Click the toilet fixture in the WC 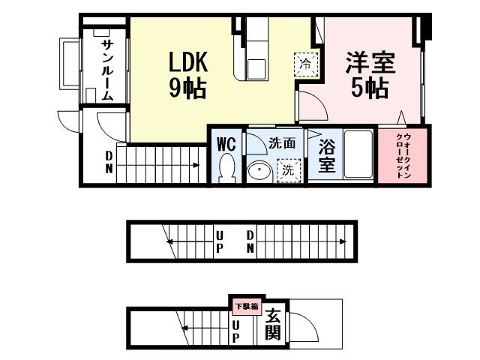[227, 168]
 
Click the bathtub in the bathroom [358, 155]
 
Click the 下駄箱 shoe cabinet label [245, 305]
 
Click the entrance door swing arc [301, 324]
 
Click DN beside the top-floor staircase [109, 162]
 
